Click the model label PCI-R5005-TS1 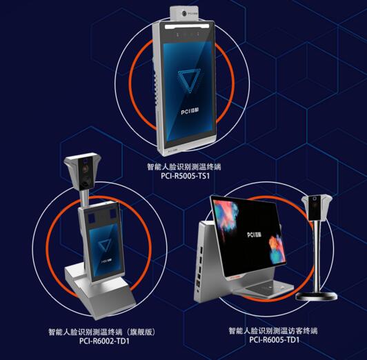[183, 175]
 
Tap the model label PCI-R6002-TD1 [104, 339]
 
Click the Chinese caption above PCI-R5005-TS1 [183, 166]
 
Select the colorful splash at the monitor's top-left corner [224, 214]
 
